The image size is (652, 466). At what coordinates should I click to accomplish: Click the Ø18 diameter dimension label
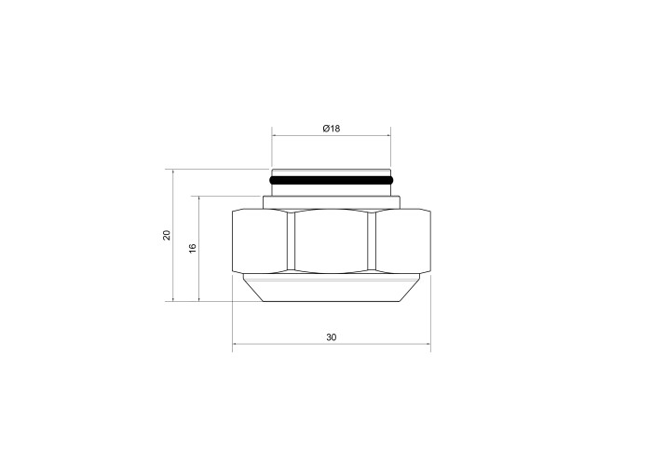point(332,129)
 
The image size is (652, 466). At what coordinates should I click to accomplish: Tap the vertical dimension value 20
point(167,235)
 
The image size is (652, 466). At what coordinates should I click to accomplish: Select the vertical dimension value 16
point(193,249)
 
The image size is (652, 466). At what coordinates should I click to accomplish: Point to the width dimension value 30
point(332,337)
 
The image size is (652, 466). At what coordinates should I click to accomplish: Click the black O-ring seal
point(332,181)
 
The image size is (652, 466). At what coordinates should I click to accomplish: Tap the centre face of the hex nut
point(332,241)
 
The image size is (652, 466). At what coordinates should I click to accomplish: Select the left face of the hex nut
point(260,241)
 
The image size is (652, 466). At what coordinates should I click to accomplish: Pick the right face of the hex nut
point(403,241)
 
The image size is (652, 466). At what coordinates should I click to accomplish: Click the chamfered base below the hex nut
point(332,287)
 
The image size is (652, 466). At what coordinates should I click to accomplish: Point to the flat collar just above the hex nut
point(332,202)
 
